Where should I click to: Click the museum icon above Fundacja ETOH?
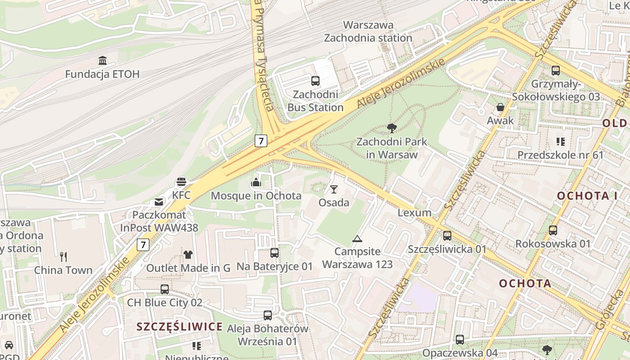click(x=103, y=60)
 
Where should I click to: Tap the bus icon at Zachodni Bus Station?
click(x=315, y=81)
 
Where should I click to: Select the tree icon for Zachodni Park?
click(x=391, y=128)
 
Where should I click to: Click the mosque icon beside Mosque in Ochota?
click(x=256, y=182)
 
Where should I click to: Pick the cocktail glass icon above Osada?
click(x=334, y=189)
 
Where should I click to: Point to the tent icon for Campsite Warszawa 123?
click(x=357, y=238)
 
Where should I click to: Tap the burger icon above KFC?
click(x=181, y=182)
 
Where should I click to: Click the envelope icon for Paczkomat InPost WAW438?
click(x=159, y=202)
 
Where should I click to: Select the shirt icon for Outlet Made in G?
click(x=188, y=254)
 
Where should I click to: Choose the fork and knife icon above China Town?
click(x=63, y=257)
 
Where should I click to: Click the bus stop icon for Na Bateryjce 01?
click(x=274, y=253)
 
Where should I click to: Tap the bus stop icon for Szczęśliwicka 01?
click(x=447, y=235)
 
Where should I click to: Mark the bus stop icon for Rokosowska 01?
click(x=553, y=230)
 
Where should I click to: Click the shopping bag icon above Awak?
click(x=500, y=107)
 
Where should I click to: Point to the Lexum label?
click(x=414, y=212)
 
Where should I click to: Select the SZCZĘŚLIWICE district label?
click(x=180, y=327)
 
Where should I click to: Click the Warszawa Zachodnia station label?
click(x=368, y=31)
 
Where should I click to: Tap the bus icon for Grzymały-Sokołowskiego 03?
click(x=556, y=70)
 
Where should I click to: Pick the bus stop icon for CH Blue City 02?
click(x=165, y=289)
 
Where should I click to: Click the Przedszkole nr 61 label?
click(x=560, y=155)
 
